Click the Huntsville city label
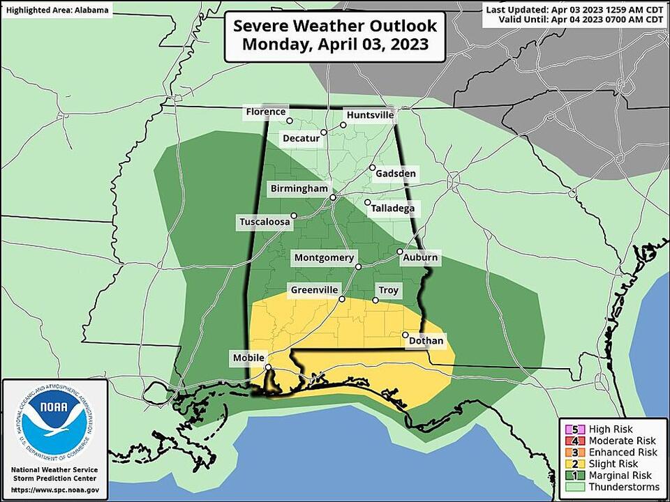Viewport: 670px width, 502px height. [x=371, y=115]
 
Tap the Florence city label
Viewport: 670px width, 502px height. [x=265, y=112]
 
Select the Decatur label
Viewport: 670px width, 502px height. [x=301, y=138]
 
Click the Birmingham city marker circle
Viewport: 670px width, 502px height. [x=333, y=198]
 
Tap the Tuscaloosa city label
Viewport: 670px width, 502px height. [x=264, y=222]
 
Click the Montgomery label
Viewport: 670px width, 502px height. [x=324, y=257]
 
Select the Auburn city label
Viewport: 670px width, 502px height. [x=420, y=258]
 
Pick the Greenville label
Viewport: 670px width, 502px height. [x=315, y=289]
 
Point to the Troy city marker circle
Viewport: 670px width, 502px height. [x=375, y=301]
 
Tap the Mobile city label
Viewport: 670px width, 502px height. [x=249, y=358]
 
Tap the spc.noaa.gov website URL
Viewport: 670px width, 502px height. [x=54, y=490]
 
